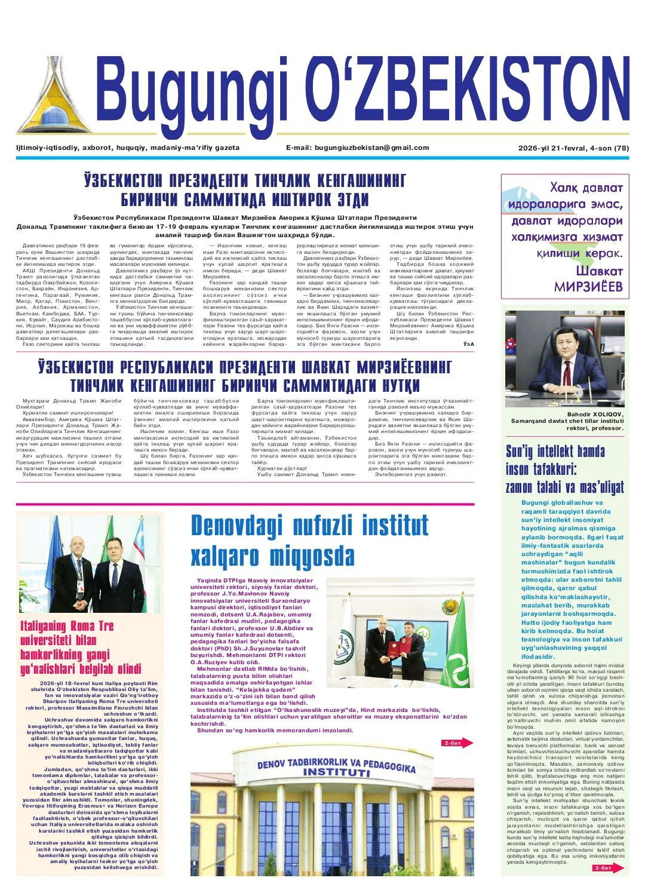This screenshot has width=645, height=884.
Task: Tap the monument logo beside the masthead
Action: click(x=54, y=99)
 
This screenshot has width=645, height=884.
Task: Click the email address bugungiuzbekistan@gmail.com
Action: click(x=371, y=148)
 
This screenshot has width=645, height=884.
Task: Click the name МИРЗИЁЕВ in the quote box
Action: click(x=588, y=287)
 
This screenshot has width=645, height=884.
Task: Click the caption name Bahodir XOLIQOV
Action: click(x=595, y=414)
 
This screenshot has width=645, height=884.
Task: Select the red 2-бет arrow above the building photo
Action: click(x=457, y=743)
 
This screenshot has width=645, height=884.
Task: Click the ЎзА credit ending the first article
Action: click(x=468, y=343)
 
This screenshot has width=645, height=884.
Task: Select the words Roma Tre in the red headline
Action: click(x=91, y=626)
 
